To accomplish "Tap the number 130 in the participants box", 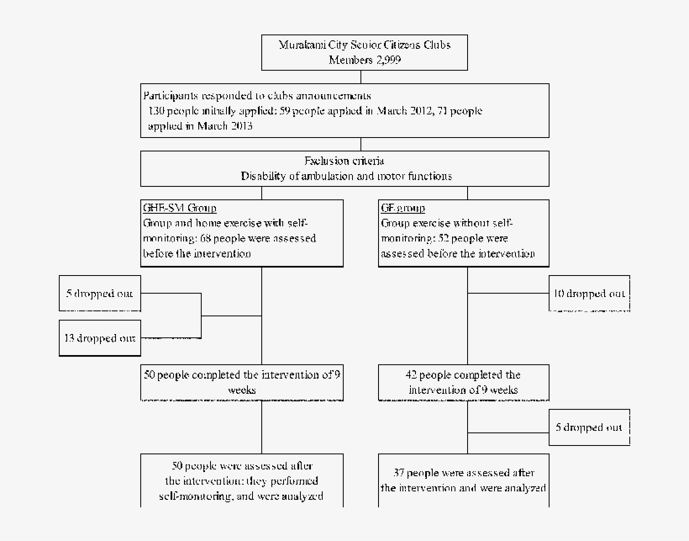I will coord(156,111).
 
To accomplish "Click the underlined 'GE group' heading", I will coord(403,208).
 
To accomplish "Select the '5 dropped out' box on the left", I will coord(100,294).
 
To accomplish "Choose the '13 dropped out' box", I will coord(100,337).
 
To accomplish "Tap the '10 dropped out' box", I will coord(589,294).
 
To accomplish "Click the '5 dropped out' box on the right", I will coord(589,427).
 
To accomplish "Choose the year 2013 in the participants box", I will coord(239,126).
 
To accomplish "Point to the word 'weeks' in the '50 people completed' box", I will coord(242,390).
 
